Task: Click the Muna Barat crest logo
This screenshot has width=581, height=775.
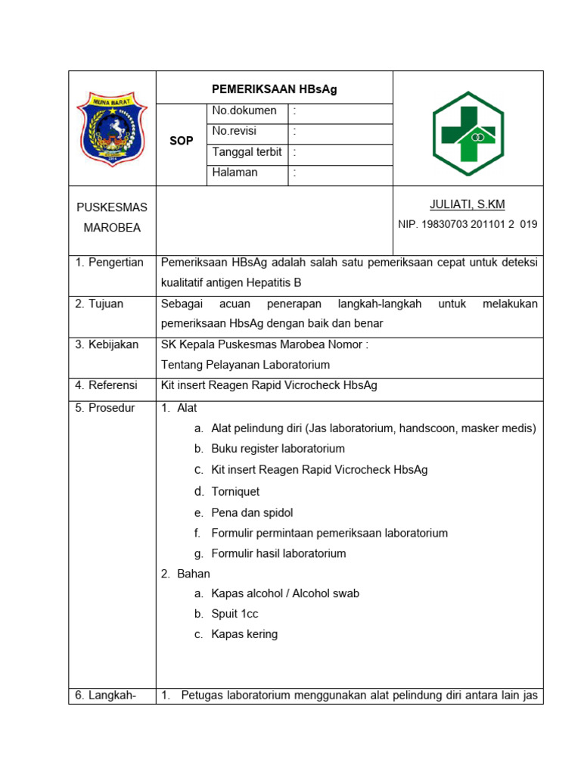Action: point(112,129)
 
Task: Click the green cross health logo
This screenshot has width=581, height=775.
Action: point(468,134)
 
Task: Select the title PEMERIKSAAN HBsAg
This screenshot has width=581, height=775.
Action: point(274,89)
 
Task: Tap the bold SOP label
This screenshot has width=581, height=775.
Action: point(182,141)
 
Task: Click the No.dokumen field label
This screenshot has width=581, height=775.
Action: point(244,111)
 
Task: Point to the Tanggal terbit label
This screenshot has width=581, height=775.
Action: point(247,152)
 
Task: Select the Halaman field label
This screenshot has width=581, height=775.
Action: point(235,173)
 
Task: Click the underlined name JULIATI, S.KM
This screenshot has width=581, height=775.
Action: point(467,204)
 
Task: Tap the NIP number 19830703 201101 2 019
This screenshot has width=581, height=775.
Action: point(468,225)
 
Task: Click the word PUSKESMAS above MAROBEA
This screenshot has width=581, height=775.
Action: point(112,207)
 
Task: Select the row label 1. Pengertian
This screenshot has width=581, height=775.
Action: point(110,263)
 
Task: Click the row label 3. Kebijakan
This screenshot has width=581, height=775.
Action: point(107,344)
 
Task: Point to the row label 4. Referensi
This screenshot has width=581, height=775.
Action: point(106,385)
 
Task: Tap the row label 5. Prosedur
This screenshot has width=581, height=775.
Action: point(104,408)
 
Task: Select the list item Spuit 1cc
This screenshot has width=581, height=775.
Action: point(235,614)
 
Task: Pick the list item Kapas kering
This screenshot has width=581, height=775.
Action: point(244,634)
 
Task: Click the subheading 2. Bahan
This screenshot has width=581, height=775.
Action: point(185,574)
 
